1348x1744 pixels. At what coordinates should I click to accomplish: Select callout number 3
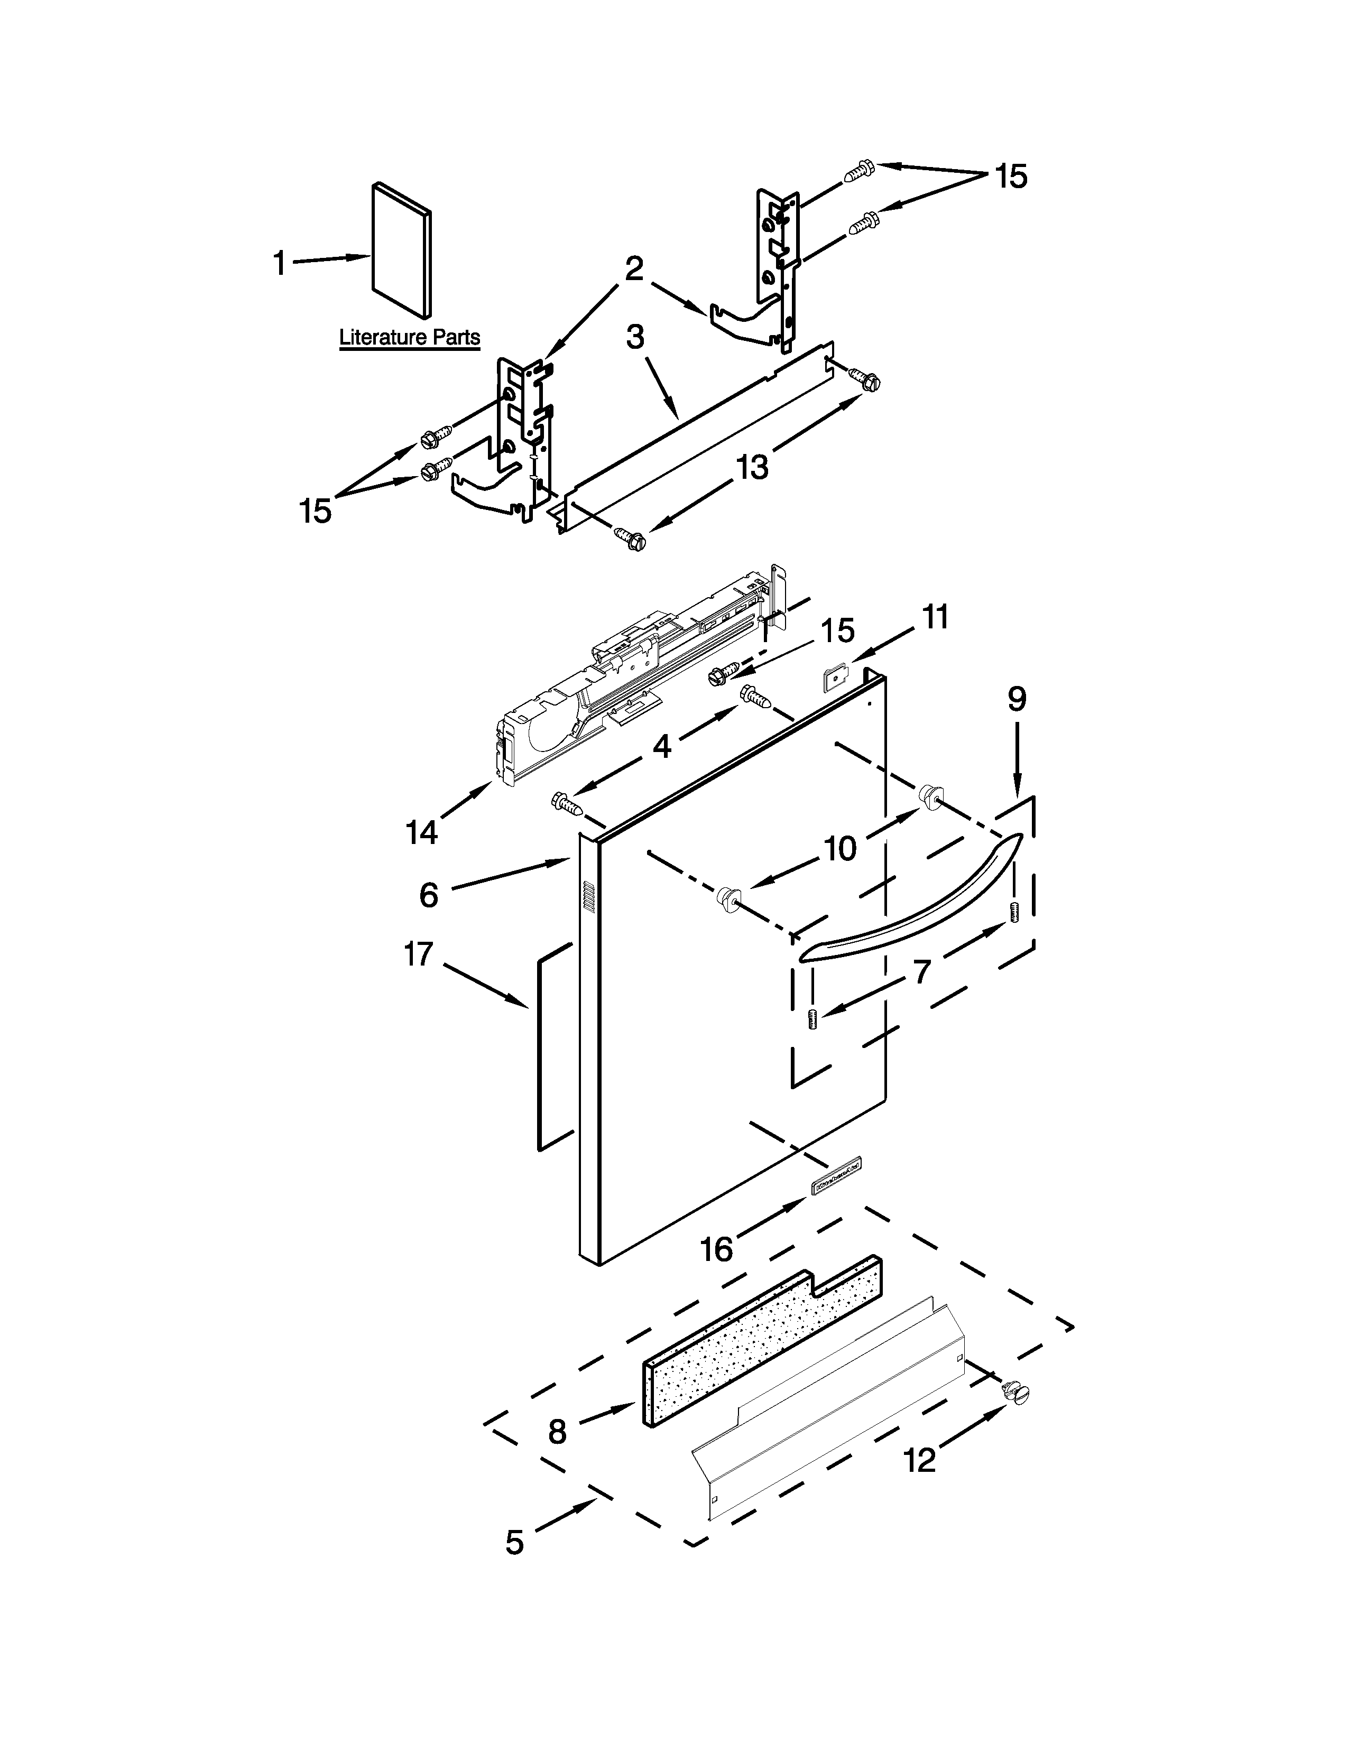tap(635, 337)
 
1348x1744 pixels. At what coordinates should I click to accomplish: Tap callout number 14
tap(422, 833)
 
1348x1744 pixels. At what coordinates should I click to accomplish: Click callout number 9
tap(1016, 700)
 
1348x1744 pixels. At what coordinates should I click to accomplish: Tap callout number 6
tap(429, 895)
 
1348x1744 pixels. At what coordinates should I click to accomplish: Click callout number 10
tap(840, 849)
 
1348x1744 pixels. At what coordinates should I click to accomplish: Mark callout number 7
tap(921, 972)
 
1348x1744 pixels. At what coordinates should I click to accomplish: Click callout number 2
tap(633, 269)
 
